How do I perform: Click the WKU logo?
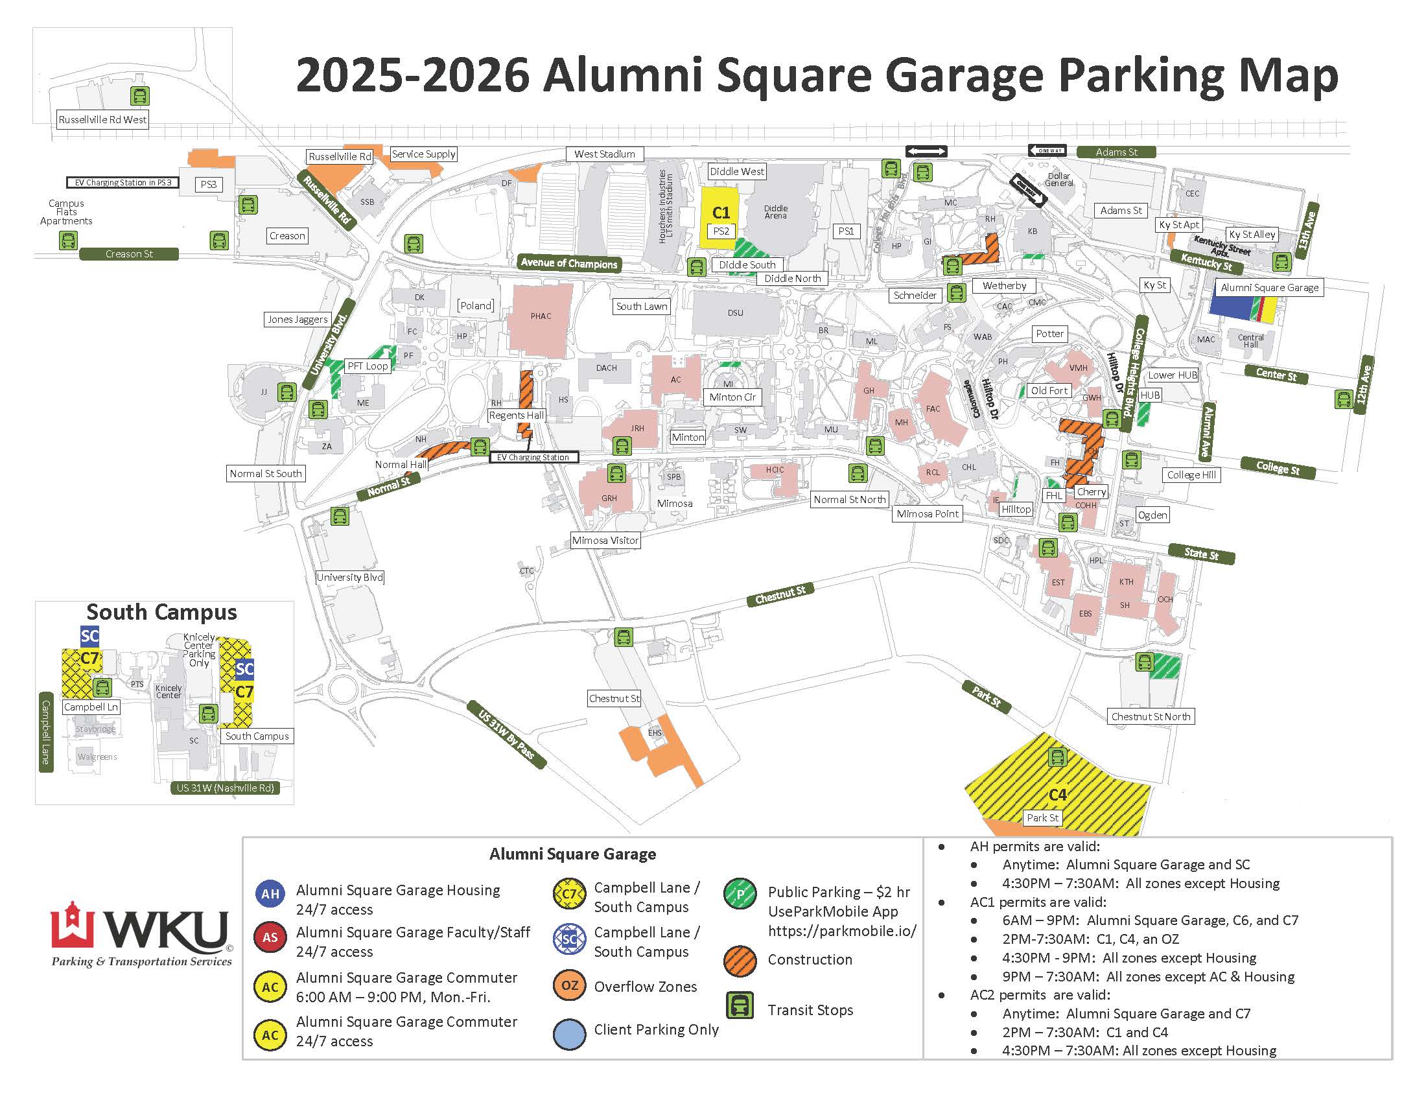(141, 933)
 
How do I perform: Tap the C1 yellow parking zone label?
(720, 213)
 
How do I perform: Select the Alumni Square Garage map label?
(1269, 288)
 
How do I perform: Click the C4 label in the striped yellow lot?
(1057, 795)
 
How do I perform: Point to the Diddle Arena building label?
(776, 212)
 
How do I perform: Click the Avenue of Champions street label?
(568, 263)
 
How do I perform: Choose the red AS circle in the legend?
(270, 937)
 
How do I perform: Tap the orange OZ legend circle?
(569, 985)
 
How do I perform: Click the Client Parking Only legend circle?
(569, 1034)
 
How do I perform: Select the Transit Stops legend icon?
(740, 1006)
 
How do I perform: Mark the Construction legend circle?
(740, 960)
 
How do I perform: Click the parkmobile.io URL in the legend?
(841, 931)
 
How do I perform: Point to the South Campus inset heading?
(161, 613)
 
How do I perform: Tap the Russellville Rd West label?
(102, 120)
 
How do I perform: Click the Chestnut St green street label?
(780, 595)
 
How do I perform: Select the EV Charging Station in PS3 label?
(123, 183)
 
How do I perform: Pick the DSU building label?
(735, 312)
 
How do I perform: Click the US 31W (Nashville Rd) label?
(225, 788)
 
